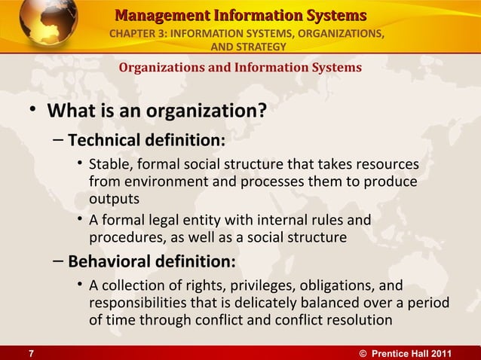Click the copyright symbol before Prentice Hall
click(x=366, y=353)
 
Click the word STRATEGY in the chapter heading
click(x=261, y=47)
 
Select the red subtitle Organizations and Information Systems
click(x=240, y=67)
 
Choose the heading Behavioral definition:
click(x=152, y=262)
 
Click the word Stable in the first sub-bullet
click(x=107, y=165)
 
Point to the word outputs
click(x=113, y=198)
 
